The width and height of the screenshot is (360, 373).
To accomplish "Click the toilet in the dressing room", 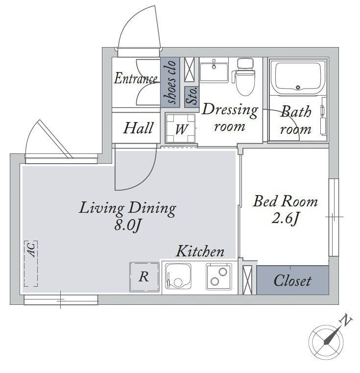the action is tap(244, 76).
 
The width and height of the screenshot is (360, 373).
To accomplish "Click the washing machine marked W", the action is tap(180, 128).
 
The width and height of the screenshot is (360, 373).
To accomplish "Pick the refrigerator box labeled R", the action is tap(144, 277).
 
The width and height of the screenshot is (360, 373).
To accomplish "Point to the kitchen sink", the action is tap(178, 276).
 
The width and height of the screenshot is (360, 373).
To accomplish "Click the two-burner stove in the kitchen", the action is tap(219, 276).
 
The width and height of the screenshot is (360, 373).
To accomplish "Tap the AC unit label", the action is tap(32, 249).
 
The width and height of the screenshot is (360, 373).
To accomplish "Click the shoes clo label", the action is tap(170, 81).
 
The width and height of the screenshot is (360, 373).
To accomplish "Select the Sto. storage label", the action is tap(192, 96).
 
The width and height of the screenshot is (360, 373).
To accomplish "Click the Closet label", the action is tap(292, 281).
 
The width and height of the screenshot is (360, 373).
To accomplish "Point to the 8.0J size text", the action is tap(128, 225).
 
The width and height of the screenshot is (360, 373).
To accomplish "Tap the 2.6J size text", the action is tap(285, 218).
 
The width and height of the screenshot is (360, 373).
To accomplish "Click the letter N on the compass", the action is tap(346, 320).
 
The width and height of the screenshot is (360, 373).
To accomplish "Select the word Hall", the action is tap(138, 128).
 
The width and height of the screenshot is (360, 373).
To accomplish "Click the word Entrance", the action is tap(136, 78).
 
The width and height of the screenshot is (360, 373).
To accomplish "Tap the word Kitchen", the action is tap(200, 251).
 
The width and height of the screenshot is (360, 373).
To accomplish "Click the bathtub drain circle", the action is tap(298, 87).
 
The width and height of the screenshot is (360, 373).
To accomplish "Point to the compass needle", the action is tap(332, 336).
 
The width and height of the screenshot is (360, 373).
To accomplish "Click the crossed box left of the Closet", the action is tap(247, 280).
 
